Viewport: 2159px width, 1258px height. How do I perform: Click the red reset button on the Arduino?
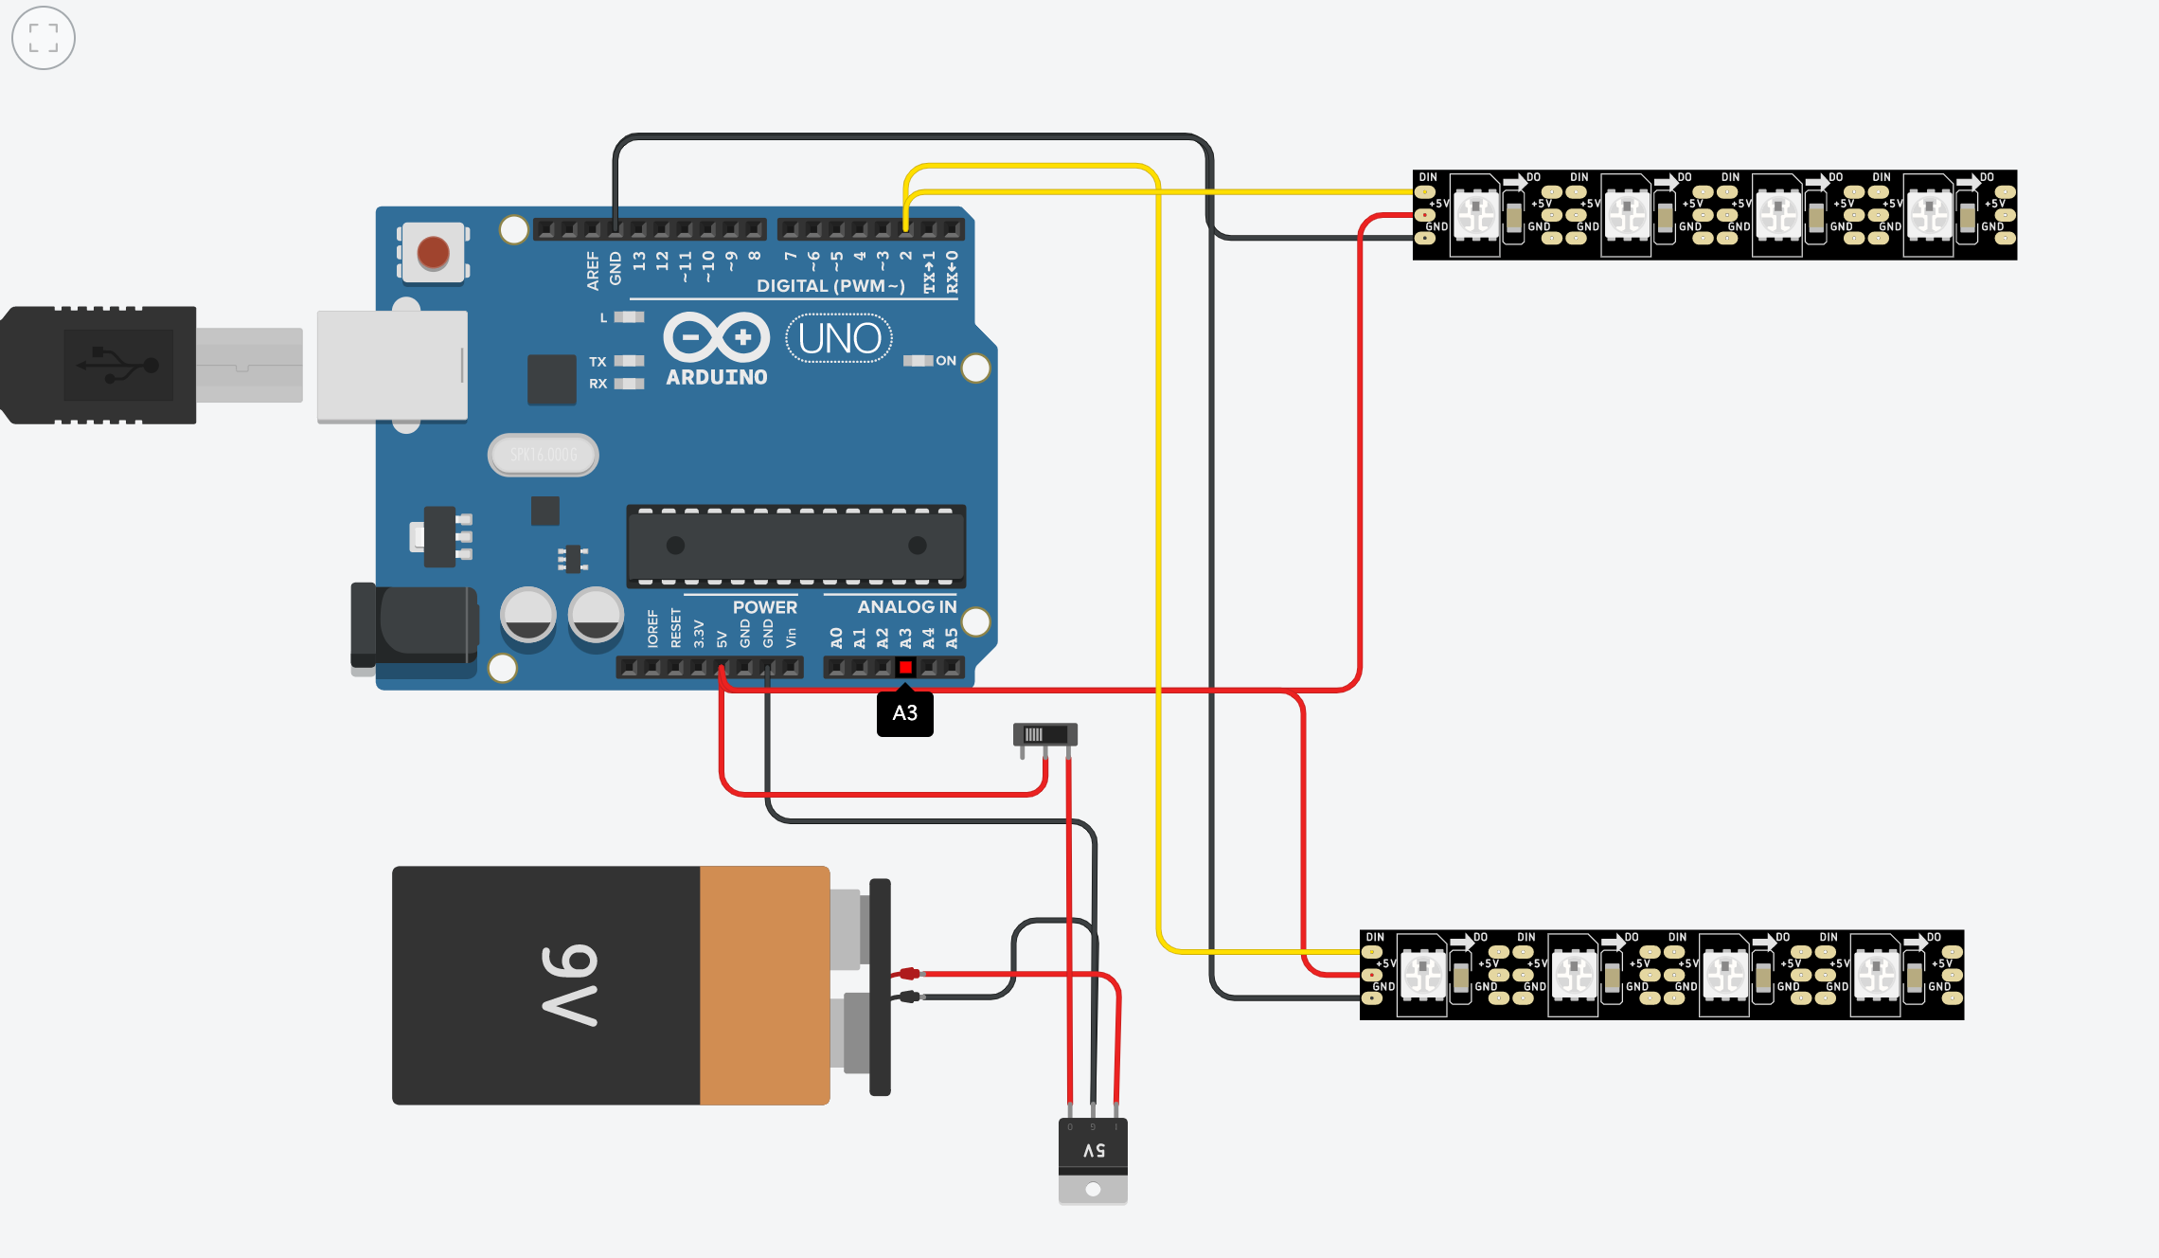(434, 253)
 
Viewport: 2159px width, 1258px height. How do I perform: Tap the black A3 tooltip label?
(905, 713)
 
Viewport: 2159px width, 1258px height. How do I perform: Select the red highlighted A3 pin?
(905, 668)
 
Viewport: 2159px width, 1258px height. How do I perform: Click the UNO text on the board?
(839, 339)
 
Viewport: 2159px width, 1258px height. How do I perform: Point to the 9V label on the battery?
(570, 985)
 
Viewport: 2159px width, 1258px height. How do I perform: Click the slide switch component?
(1045, 735)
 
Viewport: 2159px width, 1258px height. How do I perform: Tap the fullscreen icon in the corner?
(44, 39)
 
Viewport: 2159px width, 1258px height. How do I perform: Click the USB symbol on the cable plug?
(118, 365)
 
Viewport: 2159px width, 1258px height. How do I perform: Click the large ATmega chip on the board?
(795, 546)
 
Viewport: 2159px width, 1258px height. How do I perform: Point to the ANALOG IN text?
(906, 607)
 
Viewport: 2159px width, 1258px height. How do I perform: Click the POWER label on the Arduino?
(764, 607)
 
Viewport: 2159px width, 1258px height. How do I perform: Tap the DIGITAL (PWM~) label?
(830, 286)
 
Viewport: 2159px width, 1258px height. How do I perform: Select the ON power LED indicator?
(919, 361)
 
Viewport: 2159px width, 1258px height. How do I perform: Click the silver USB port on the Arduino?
(392, 366)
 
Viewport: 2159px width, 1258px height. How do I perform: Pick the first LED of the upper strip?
(1475, 214)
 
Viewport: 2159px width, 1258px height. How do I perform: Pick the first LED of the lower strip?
(1422, 974)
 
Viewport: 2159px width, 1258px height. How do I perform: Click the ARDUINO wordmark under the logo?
(717, 377)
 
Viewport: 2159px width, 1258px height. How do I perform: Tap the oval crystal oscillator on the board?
(543, 455)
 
